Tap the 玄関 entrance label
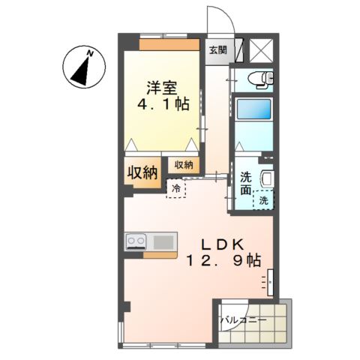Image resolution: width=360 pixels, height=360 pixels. click(x=217, y=50)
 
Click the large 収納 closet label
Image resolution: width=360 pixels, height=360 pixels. click(x=140, y=172)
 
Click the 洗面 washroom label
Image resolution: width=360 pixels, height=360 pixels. click(x=245, y=184)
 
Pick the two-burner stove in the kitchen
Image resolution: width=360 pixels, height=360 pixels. click(x=137, y=241)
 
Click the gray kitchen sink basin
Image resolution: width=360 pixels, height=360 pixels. click(x=163, y=241)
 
